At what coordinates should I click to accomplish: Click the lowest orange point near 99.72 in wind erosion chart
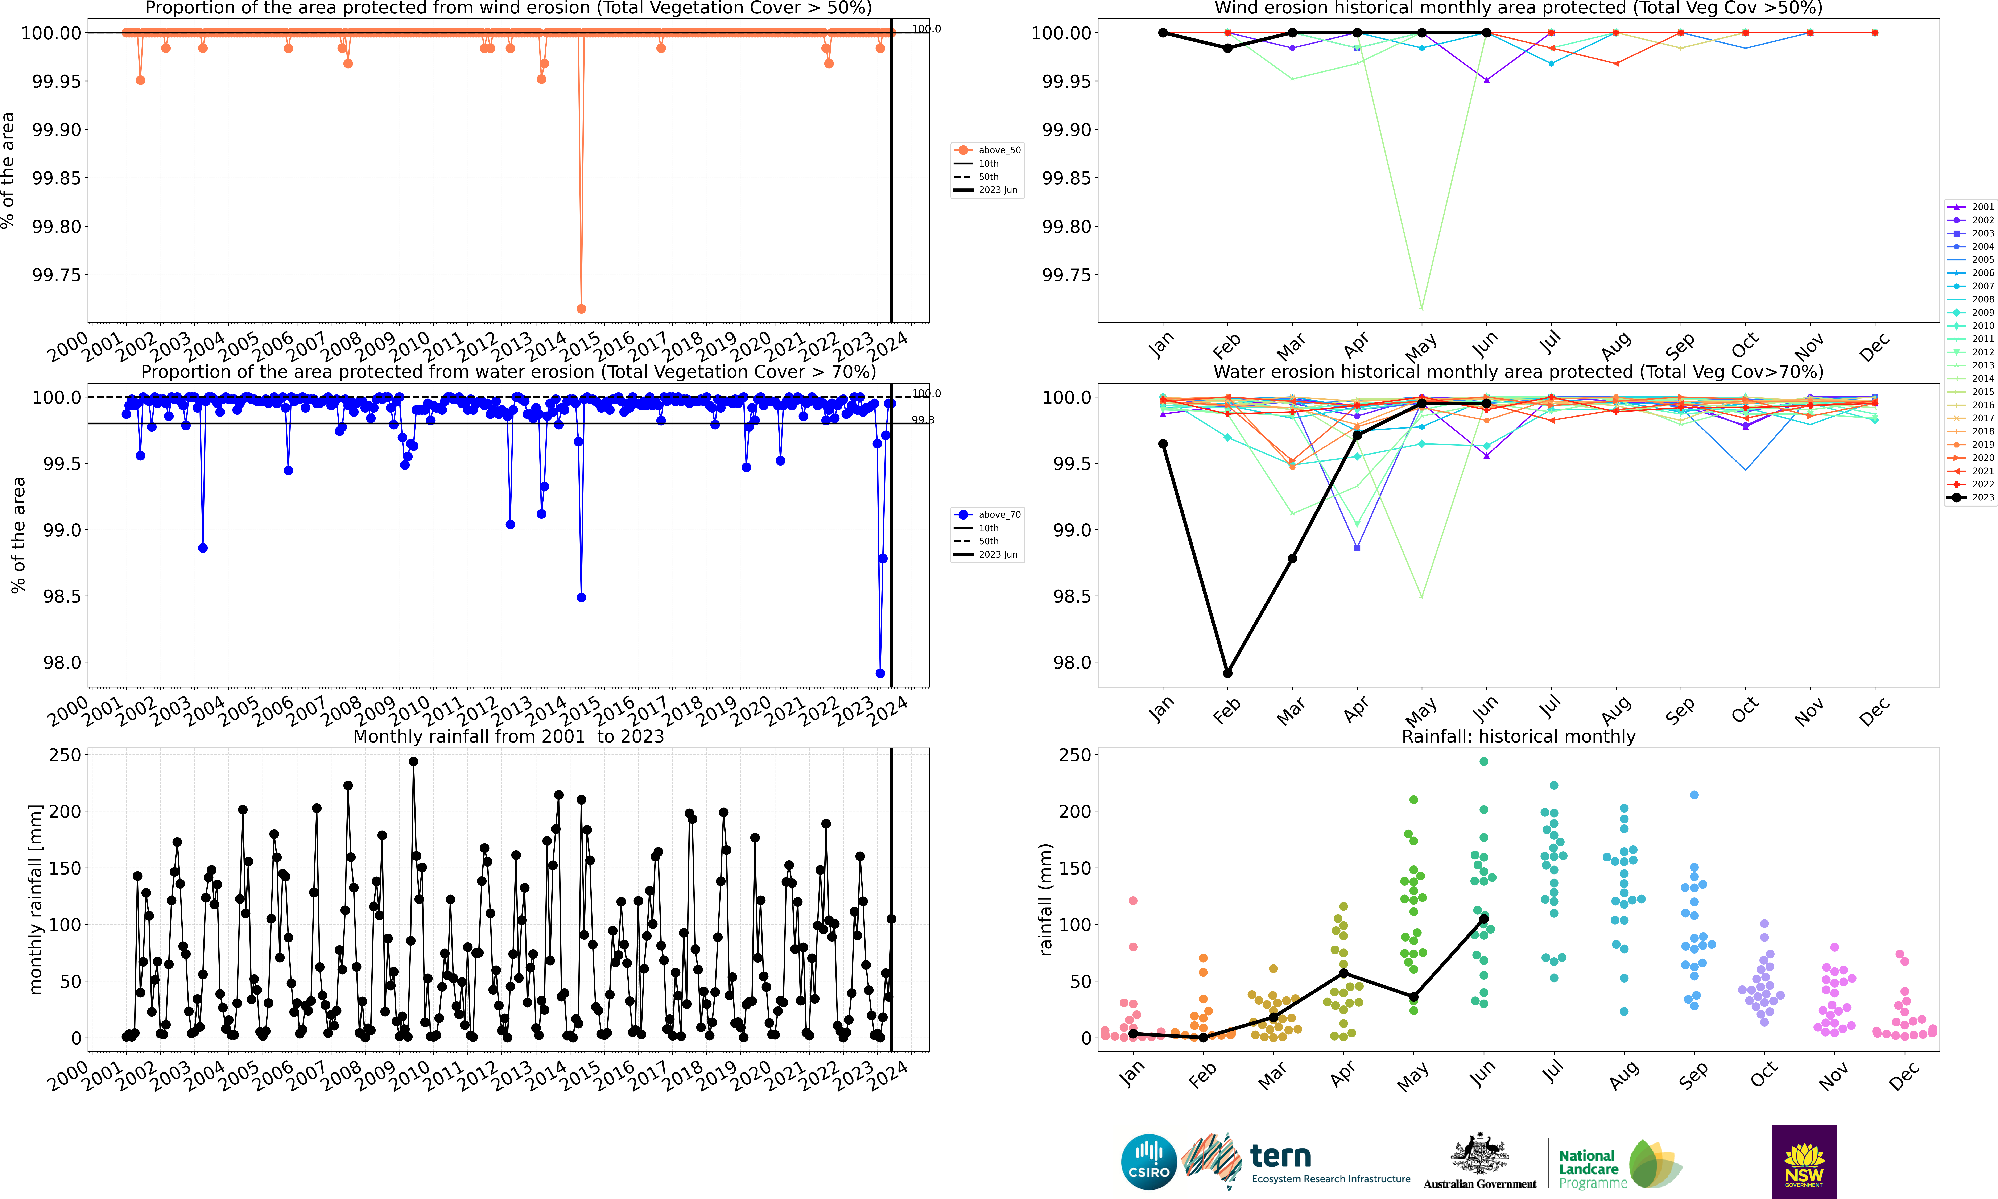[581, 309]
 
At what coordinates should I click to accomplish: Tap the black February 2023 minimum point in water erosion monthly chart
[1227, 673]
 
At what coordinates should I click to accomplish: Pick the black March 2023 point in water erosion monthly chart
[1292, 558]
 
